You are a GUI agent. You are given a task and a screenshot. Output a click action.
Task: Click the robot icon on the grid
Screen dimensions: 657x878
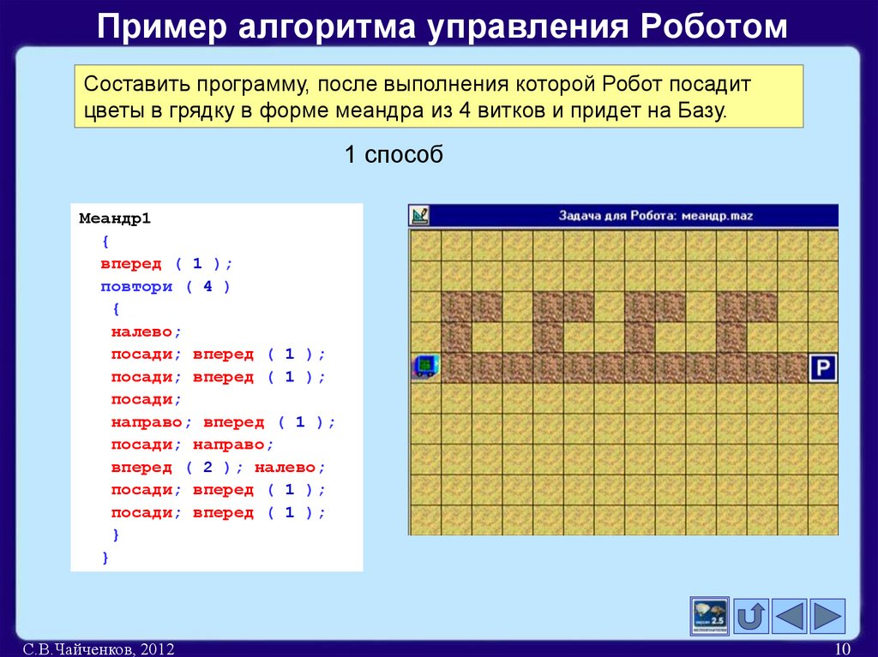424,367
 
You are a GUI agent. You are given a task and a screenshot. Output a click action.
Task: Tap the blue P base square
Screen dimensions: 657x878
822,368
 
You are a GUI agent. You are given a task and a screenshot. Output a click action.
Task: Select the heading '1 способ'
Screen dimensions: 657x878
394,155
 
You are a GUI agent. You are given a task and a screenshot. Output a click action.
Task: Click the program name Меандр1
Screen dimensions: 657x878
115,218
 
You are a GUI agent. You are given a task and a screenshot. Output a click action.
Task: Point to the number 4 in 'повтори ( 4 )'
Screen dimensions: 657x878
207,286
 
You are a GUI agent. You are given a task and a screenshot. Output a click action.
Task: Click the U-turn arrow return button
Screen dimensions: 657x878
752,615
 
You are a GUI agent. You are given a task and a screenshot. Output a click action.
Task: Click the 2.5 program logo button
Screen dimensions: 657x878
710,615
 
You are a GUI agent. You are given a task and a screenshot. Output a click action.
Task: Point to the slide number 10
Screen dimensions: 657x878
841,649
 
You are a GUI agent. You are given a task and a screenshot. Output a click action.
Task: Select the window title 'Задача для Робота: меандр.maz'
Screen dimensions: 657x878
655,216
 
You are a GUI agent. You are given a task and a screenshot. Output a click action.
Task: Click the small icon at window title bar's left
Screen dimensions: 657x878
419,215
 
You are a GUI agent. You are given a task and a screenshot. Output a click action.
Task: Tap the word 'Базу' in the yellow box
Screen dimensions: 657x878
701,111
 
